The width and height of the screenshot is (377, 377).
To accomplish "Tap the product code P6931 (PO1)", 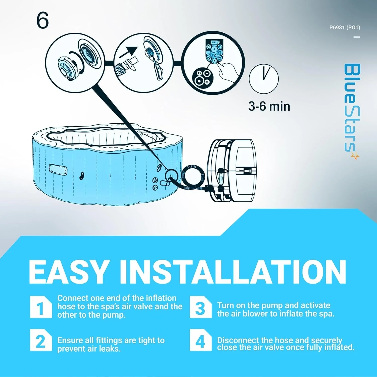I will (x=345, y=27).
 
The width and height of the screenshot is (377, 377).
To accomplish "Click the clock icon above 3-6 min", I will (x=264, y=79).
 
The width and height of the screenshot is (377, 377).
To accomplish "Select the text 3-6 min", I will (x=269, y=106).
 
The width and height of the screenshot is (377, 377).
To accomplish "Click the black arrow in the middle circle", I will (x=128, y=52).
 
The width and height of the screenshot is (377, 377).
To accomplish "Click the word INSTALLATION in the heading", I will (x=233, y=272).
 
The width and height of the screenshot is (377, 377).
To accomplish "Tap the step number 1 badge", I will (x=41, y=307).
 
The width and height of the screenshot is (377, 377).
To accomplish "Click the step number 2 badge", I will (x=41, y=340).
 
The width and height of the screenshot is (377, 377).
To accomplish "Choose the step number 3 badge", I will (x=200, y=307).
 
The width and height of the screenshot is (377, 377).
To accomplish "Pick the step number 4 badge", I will (x=200, y=340).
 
